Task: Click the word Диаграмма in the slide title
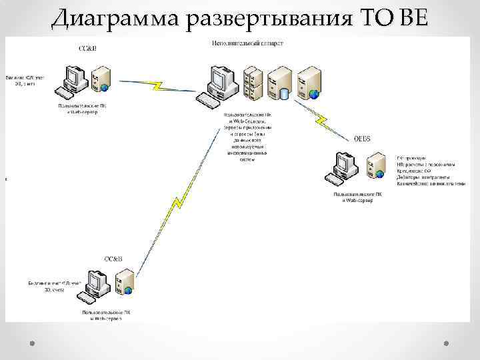(117, 18)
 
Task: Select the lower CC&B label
(113, 257)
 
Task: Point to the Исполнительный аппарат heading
(247, 43)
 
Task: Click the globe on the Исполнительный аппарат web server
(314, 94)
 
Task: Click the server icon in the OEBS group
(377, 165)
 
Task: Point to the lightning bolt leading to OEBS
(322, 118)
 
